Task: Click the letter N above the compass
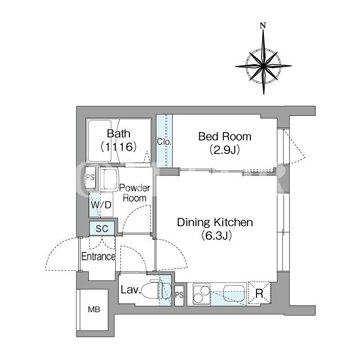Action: [263, 25]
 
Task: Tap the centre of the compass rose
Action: [263, 66]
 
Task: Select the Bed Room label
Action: [225, 137]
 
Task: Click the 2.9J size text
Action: [225, 150]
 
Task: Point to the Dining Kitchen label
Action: [215, 222]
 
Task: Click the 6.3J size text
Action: [217, 235]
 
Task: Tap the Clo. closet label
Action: [164, 142]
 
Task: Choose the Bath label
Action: [119, 133]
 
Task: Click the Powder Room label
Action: [134, 193]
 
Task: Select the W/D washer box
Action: [101, 205]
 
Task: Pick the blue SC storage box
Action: [102, 228]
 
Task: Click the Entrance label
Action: [98, 256]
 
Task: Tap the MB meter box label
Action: [94, 309]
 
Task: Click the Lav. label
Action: [130, 290]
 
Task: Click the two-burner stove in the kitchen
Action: [202, 294]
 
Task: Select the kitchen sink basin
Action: [234, 293]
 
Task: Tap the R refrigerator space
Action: [259, 293]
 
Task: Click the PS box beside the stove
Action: [179, 295]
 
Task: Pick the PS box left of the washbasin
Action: [90, 178]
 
